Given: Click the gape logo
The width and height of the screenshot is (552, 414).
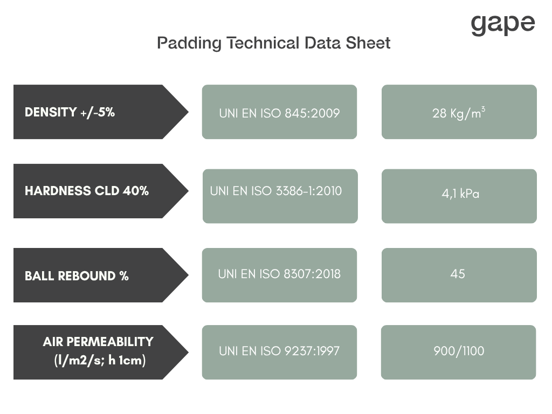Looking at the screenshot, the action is pyautogui.click(x=503, y=25).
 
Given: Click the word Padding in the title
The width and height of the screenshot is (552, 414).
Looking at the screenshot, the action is pyautogui.click(x=189, y=43).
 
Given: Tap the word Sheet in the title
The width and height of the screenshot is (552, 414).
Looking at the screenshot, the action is pyautogui.click(x=368, y=43).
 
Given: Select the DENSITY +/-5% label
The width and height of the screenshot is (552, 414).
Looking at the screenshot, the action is pyautogui.click(x=70, y=112).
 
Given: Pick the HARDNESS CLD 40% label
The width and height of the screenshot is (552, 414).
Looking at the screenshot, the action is pyautogui.click(x=87, y=191).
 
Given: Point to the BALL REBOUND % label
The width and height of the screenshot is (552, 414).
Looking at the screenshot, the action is pyautogui.click(x=77, y=275).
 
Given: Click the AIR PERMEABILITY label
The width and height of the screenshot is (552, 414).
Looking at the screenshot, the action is pyautogui.click(x=98, y=341).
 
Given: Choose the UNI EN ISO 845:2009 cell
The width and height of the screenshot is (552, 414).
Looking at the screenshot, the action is pyautogui.click(x=280, y=112).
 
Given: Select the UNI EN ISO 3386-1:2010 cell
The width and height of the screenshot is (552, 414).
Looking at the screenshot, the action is pyautogui.click(x=280, y=196).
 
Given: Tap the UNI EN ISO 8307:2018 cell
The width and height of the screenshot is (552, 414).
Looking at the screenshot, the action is pyautogui.click(x=280, y=275).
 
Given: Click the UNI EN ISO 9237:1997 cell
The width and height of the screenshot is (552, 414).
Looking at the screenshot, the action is pyautogui.click(x=280, y=353).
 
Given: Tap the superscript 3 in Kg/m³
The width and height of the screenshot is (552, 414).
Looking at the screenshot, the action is pyautogui.click(x=484, y=109).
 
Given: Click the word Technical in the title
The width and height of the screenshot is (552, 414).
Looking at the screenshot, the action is pyautogui.click(x=264, y=43).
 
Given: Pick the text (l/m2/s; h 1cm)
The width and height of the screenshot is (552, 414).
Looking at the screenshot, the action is pyautogui.click(x=100, y=360).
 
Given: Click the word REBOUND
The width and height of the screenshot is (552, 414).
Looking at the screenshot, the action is pyautogui.click(x=87, y=275).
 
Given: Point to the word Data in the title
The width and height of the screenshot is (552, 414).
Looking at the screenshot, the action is pyautogui.click(x=323, y=43).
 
